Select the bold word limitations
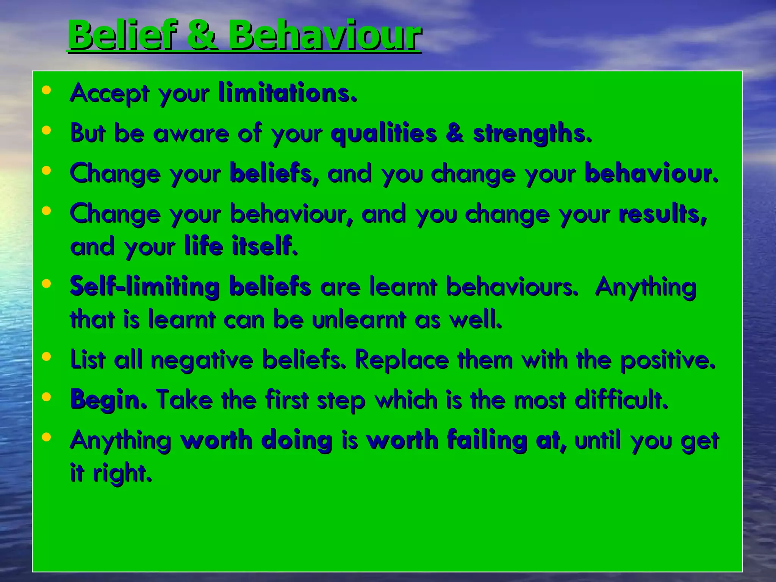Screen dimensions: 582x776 tap(288, 92)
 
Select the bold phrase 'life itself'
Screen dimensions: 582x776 tap(241, 246)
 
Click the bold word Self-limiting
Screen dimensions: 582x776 tap(144, 286)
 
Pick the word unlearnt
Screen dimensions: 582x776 tap(358, 319)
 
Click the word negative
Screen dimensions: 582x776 tap(202, 360)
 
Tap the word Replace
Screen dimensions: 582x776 tap(401, 360)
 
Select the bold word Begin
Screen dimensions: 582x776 tap(108, 400)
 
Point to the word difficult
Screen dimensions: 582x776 tap(621, 399)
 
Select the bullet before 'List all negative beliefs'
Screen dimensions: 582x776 tap(47, 357)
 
